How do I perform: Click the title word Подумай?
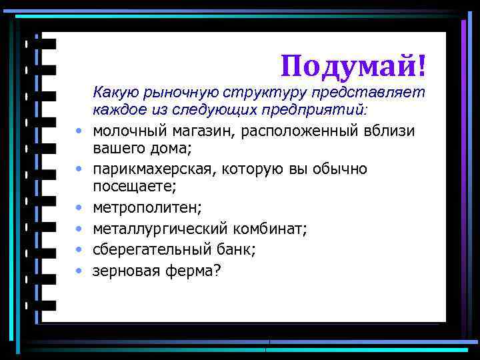pos(353,65)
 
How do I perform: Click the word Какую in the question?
pos(116,91)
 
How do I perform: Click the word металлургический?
pos(160,229)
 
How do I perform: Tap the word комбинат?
pos(269,229)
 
